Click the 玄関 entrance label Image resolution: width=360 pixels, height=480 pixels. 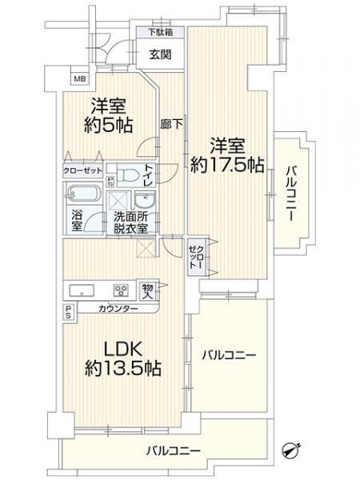tap(160, 54)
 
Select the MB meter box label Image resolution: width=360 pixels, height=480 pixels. tap(80, 79)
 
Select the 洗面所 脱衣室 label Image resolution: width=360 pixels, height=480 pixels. tap(130, 222)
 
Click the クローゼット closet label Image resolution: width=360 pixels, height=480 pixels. tap(82, 170)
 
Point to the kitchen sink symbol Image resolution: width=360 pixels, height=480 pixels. tap(82, 290)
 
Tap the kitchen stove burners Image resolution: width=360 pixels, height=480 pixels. tap(122, 290)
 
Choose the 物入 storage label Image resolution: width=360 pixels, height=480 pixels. tap(147, 288)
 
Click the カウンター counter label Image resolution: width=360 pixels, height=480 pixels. tap(118, 309)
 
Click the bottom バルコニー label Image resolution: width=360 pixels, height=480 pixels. tap(174, 450)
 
